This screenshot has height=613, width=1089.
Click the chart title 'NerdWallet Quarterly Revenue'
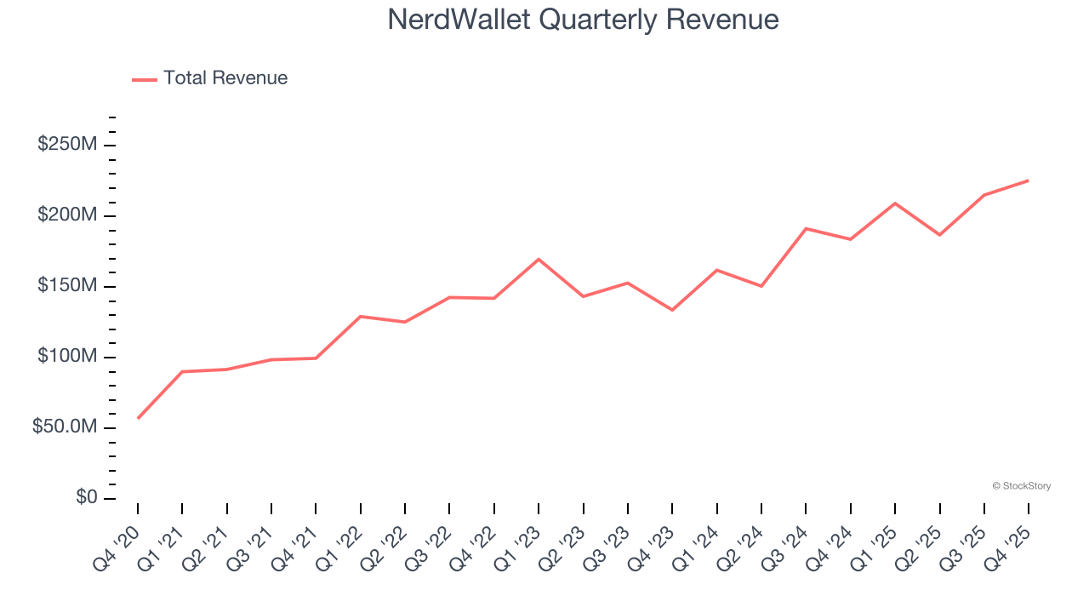tap(583, 20)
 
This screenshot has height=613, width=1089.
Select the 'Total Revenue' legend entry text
tap(225, 78)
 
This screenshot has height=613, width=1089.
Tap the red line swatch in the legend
tap(145, 79)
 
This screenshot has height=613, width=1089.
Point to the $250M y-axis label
tap(67, 145)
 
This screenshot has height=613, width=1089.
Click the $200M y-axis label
tap(67, 215)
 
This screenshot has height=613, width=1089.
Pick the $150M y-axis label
tap(67, 285)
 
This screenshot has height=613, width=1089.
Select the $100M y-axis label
tap(67, 356)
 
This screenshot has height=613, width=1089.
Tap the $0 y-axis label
tap(86, 497)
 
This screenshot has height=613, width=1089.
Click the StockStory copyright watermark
tap(1021, 486)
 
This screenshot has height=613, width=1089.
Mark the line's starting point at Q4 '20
tap(138, 418)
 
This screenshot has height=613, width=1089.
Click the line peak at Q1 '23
tap(539, 259)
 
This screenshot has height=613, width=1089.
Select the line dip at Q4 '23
tap(672, 310)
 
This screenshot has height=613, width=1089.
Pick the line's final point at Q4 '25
tap(1029, 180)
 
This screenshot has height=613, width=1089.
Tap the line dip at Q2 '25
tap(939, 235)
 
